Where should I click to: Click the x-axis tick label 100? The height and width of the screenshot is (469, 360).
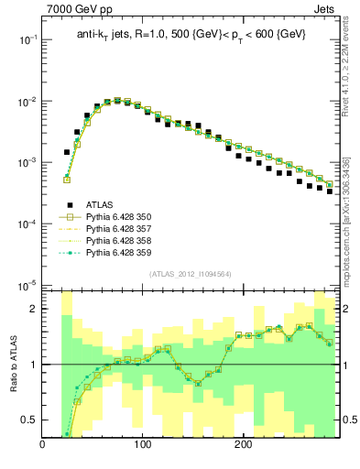(142, 446)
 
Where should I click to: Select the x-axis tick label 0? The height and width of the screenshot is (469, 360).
(42, 446)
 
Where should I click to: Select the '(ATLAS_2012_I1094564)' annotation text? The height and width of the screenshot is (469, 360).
(190, 274)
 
